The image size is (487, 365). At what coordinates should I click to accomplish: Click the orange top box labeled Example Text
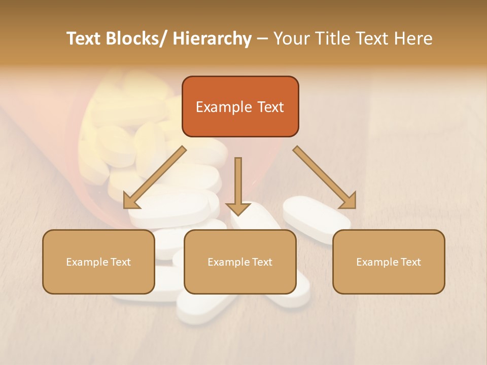click(240, 106)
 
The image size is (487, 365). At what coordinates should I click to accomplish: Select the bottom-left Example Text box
click(98, 262)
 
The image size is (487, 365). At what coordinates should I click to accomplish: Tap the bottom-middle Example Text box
click(240, 262)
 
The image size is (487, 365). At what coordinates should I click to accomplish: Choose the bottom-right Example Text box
click(389, 262)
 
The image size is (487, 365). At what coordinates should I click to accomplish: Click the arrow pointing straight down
click(238, 185)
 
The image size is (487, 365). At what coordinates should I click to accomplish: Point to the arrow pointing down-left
click(155, 177)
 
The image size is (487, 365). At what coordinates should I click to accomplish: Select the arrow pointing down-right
click(325, 177)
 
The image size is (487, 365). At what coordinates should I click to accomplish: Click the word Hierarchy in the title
click(212, 39)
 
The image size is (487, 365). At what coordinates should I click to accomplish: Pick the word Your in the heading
click(291, 39)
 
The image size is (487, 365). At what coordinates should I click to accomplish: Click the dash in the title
click(262, 39)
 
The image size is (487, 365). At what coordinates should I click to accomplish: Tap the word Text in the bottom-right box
click(410, 262)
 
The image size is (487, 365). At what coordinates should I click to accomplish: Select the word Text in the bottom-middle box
click(261, 262)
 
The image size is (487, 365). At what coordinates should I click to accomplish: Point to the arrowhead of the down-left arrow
click(131, 201)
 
